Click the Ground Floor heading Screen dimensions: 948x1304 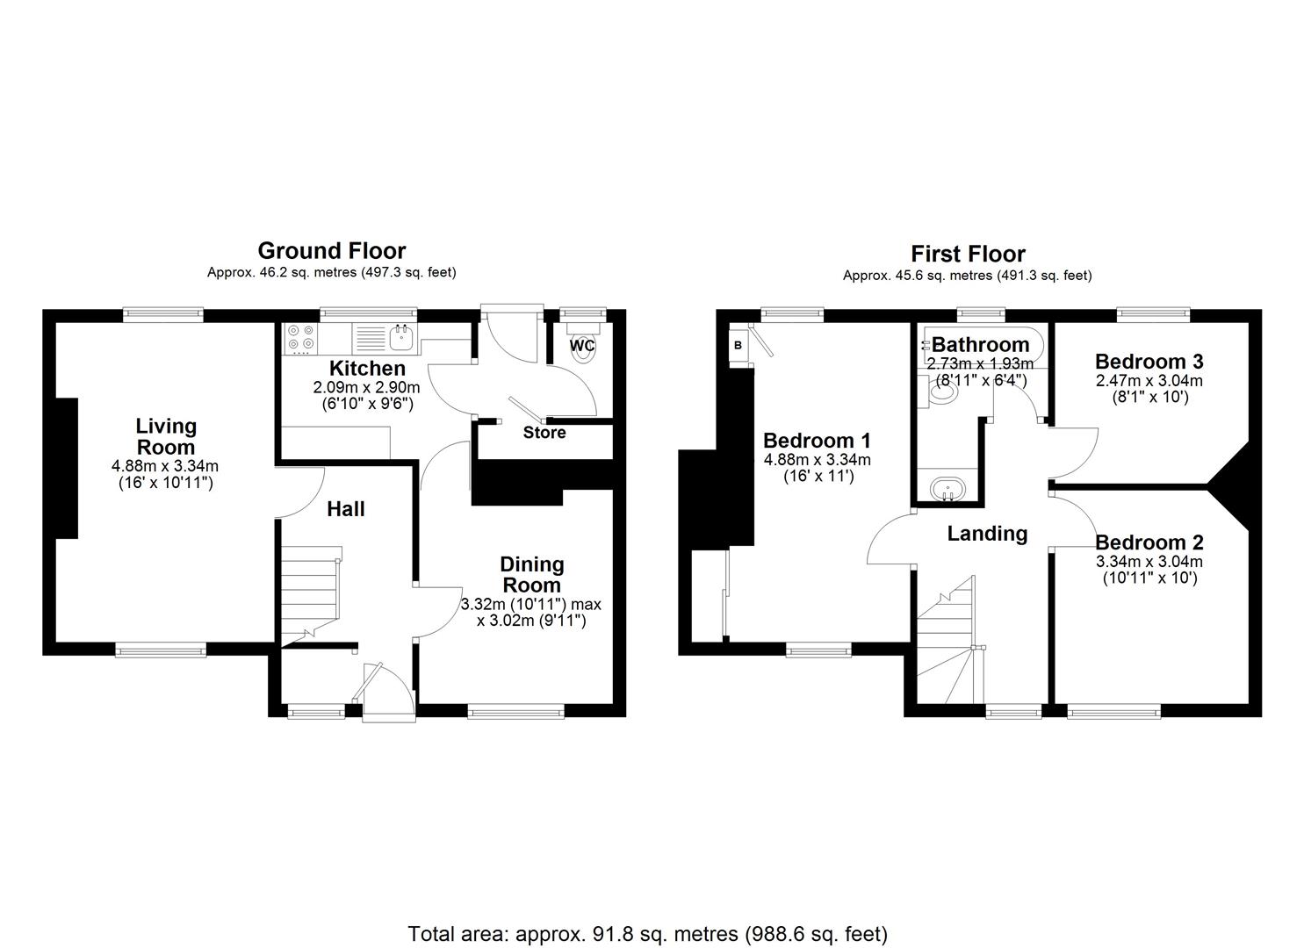[x=331, y=251]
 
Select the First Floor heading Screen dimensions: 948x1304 [x=968, y=255]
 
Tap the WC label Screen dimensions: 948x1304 [x=582, y=346]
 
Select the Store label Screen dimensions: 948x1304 [x=544, y=433]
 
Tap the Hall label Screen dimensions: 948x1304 [x=346, y=509]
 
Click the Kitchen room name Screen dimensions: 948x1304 [x=367, y=369]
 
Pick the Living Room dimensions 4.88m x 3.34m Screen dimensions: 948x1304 [x=165, y=466]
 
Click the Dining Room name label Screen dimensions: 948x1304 [x=531, y=575]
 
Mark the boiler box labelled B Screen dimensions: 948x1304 [x=738, y=345]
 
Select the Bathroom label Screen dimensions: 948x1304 [x=980, y=345]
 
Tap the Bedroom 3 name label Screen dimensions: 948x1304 [x=1149, y=362]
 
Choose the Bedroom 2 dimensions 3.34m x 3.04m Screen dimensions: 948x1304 [x=1149, y=562]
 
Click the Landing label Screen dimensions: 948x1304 [x=987, y=534]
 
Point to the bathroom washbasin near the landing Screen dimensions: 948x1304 [x=947, y=487]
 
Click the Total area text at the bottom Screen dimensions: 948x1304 [x=648, y=933]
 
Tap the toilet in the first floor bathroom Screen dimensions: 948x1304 [x=940, y=391]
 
